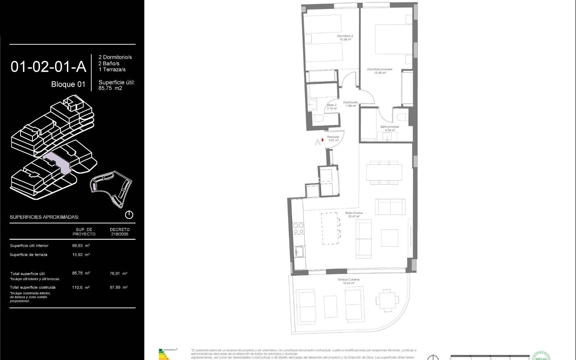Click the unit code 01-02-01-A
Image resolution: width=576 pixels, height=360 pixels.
pos(48,67)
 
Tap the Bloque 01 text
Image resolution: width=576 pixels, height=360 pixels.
pos(68,84)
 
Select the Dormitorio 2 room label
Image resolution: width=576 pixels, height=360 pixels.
pos(345,37)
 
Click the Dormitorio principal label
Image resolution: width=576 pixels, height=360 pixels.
pos(379,71)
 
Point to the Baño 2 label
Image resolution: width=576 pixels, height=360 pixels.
pos(332,106)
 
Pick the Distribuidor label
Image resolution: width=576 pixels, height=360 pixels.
pos(350,104)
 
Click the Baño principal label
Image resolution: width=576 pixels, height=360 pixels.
pos(390,128)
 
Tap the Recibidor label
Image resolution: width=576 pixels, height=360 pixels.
pos(333,138)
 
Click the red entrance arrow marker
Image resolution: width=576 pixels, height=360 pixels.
pos(322,140)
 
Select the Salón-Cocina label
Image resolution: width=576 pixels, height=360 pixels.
pos(354,214)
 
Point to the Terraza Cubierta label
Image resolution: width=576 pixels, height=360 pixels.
pos(348,281)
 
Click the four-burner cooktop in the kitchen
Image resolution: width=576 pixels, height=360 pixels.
pos(298,228)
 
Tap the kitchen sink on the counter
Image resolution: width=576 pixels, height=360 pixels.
pos(299,251)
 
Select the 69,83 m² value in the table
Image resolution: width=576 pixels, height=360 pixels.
pos(81,245)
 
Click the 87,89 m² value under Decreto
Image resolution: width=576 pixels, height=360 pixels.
pos(118,287)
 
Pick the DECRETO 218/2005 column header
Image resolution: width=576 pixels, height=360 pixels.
pos(119,232)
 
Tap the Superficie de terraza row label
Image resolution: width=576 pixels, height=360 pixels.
pos(28,255)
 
